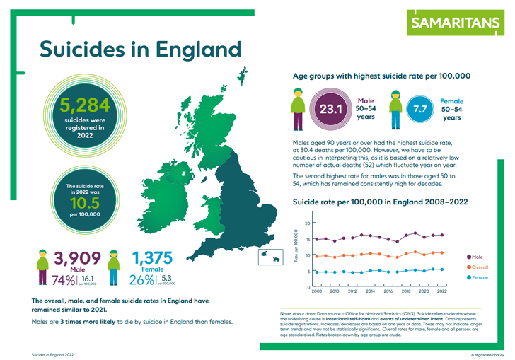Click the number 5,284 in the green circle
(x=85, y=105)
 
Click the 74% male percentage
(x=63, y=280)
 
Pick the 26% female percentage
(x=144, y=280)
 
